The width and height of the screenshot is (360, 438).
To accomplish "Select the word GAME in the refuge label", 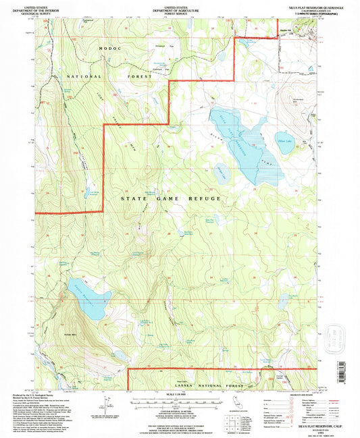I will click(x=168, y=199).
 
